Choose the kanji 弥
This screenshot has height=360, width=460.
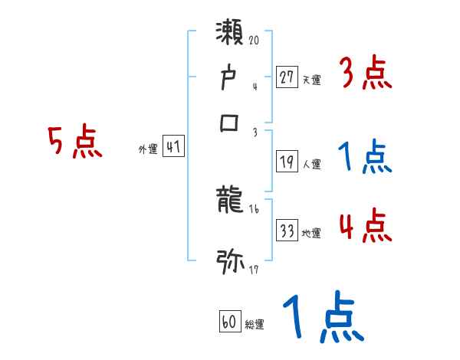(231, 261)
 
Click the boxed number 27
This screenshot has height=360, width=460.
(287, 77)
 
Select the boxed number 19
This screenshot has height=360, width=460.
(287, 162)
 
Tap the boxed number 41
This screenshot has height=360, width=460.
(173, 147)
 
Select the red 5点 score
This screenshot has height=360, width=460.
(75, 142)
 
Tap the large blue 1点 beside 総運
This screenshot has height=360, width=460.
(321, 318)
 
